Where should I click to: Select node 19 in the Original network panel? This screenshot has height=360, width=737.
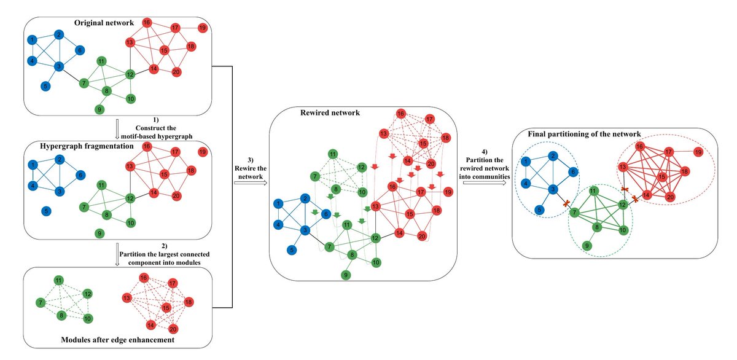coord(202,28)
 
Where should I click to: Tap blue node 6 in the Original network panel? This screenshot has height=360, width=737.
coord(80,50)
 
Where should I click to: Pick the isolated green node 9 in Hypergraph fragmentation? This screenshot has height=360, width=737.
coord(99,233)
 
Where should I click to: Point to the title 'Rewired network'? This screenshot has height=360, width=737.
coord(330,113)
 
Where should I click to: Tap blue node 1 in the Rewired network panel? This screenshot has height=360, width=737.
coord(279,203)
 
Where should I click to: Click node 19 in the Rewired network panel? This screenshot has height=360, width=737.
coord(448,192)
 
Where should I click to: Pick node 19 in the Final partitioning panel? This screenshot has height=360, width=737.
coord(698,151)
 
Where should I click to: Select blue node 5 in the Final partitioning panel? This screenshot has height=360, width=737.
coord(539,209)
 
